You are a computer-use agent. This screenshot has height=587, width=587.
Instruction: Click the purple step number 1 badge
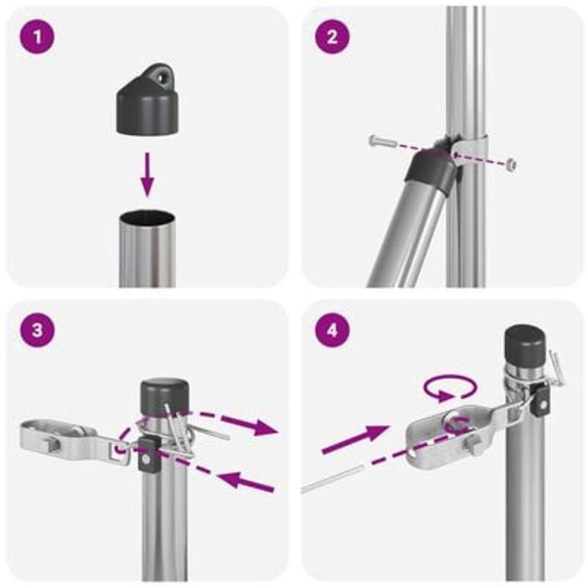tap(37, 37)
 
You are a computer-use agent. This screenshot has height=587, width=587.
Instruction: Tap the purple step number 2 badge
tap(332, 37)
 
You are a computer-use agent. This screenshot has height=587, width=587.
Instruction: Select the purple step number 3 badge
tap(37, 330)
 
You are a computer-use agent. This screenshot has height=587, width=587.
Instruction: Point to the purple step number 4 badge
tap(332, 330)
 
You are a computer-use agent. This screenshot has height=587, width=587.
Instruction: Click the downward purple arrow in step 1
tap(147, 175)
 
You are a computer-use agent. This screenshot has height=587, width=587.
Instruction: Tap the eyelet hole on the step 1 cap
tap(161, 78)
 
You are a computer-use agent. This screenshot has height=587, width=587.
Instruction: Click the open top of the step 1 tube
tap(147, 217)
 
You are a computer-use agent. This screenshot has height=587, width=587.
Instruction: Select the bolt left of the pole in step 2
tap(382, 142)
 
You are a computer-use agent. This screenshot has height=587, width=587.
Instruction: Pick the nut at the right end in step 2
tap(511, 164)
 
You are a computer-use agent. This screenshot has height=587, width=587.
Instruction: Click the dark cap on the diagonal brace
tap(429, 169)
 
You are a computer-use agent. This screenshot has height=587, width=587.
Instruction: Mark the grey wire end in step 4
tap(332, 479)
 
